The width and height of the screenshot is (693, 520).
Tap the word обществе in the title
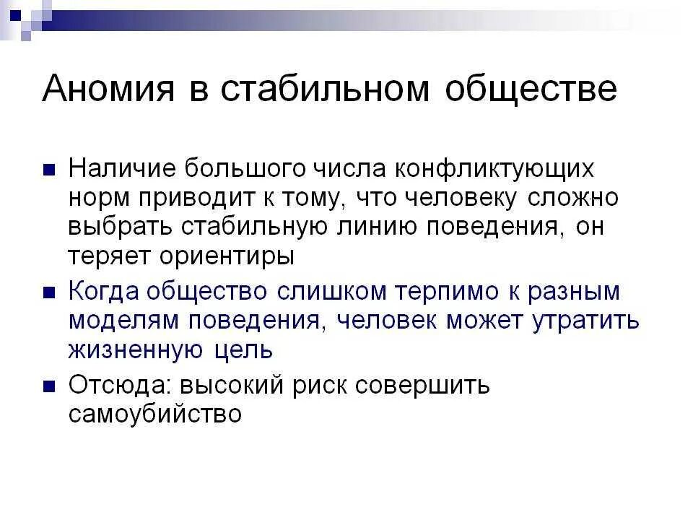pyautogui.click(x=531, y=90)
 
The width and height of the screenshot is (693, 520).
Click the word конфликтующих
pyautogui.click(x=494, y=170)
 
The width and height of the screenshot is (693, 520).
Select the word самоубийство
pyautogui.click(x=154, y=415)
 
